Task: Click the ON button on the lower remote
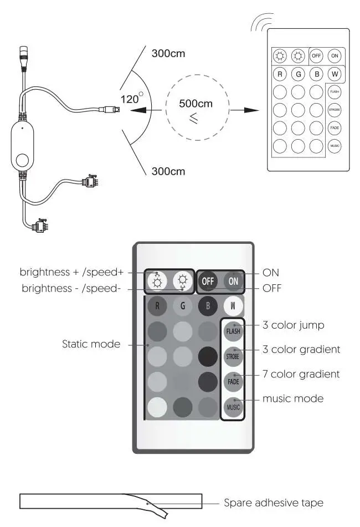point(233,281)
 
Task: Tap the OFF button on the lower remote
point(208,281)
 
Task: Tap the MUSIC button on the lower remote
point(233,407)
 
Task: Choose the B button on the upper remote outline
point(316,74)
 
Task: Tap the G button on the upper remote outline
point(299,74)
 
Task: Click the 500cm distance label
point(196,104)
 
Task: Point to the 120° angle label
point(131,99)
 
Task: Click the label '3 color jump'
point(293,325)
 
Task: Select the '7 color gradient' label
point(301,374)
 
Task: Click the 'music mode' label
point(292,398)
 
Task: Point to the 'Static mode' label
point(91,344)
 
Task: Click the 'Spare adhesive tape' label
point(273,503)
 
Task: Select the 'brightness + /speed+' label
point(71,272)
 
